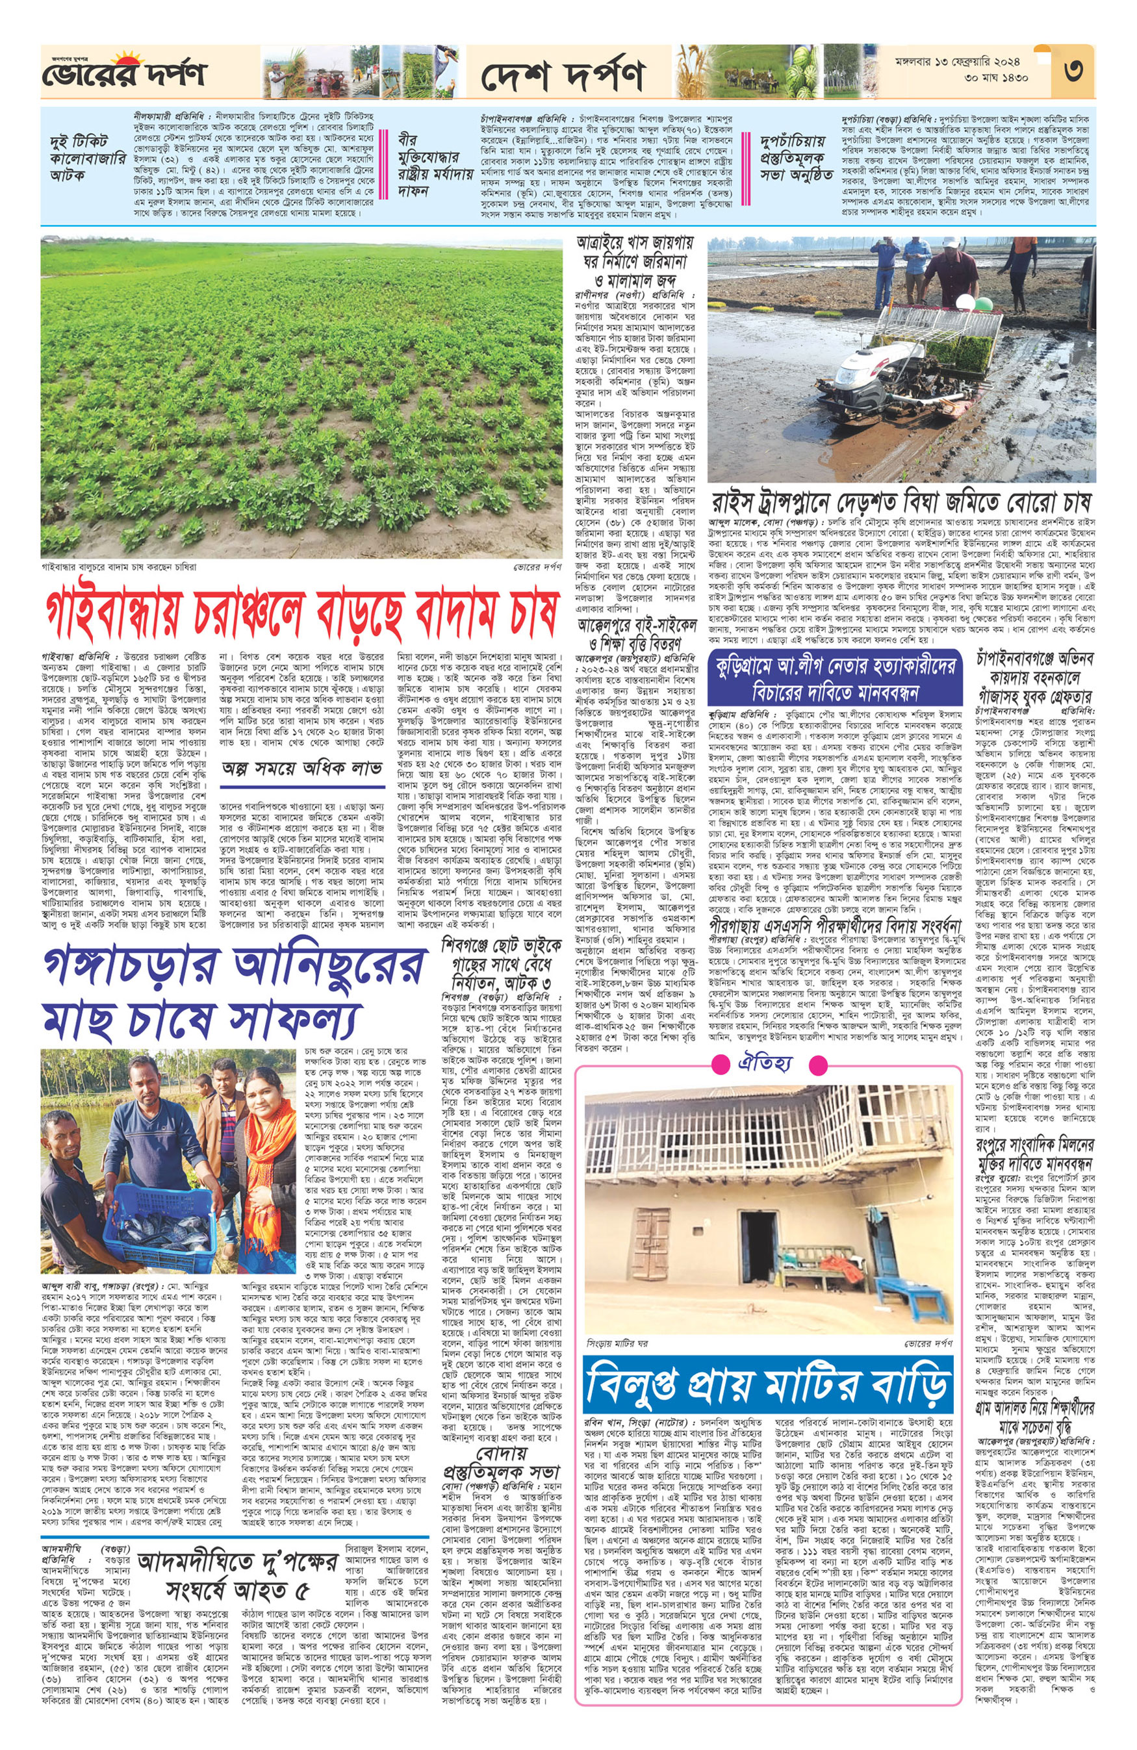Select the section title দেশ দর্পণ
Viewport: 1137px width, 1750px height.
click(x=563, y=74)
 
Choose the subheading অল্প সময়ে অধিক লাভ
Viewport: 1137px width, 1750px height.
click(x=302, y=768)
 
